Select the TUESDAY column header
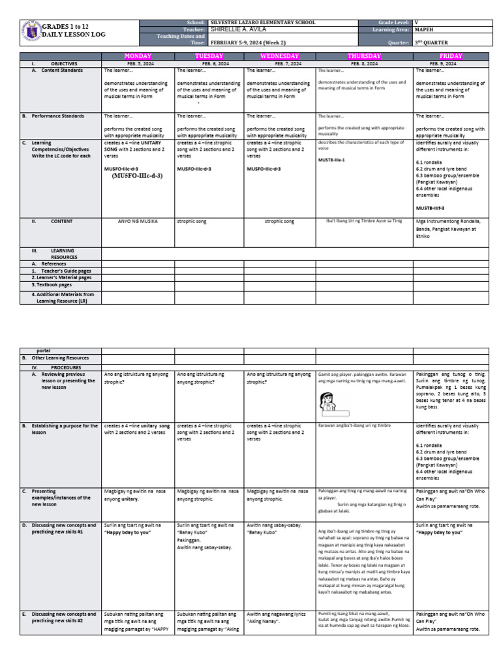pyautogui.click(x=209, y=57)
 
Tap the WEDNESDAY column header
pyautogui.click(x=279, y=57)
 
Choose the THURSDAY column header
pyautogui.click(x=364, y=57)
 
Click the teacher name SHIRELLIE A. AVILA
pyautogui.click(x=239, y=29)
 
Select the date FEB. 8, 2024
pyautogui.click(x=364, y=64)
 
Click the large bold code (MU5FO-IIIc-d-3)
pyautogui.click(x=138, y=175)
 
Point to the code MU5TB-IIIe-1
pyautogui.click(x=331, y=159)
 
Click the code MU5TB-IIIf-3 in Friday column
pyautogui.click(x=430, y=208)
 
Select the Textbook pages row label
pyautogui.click(x=52, y=285)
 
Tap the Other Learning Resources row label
pyautogui.click(x=60, y=358)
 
